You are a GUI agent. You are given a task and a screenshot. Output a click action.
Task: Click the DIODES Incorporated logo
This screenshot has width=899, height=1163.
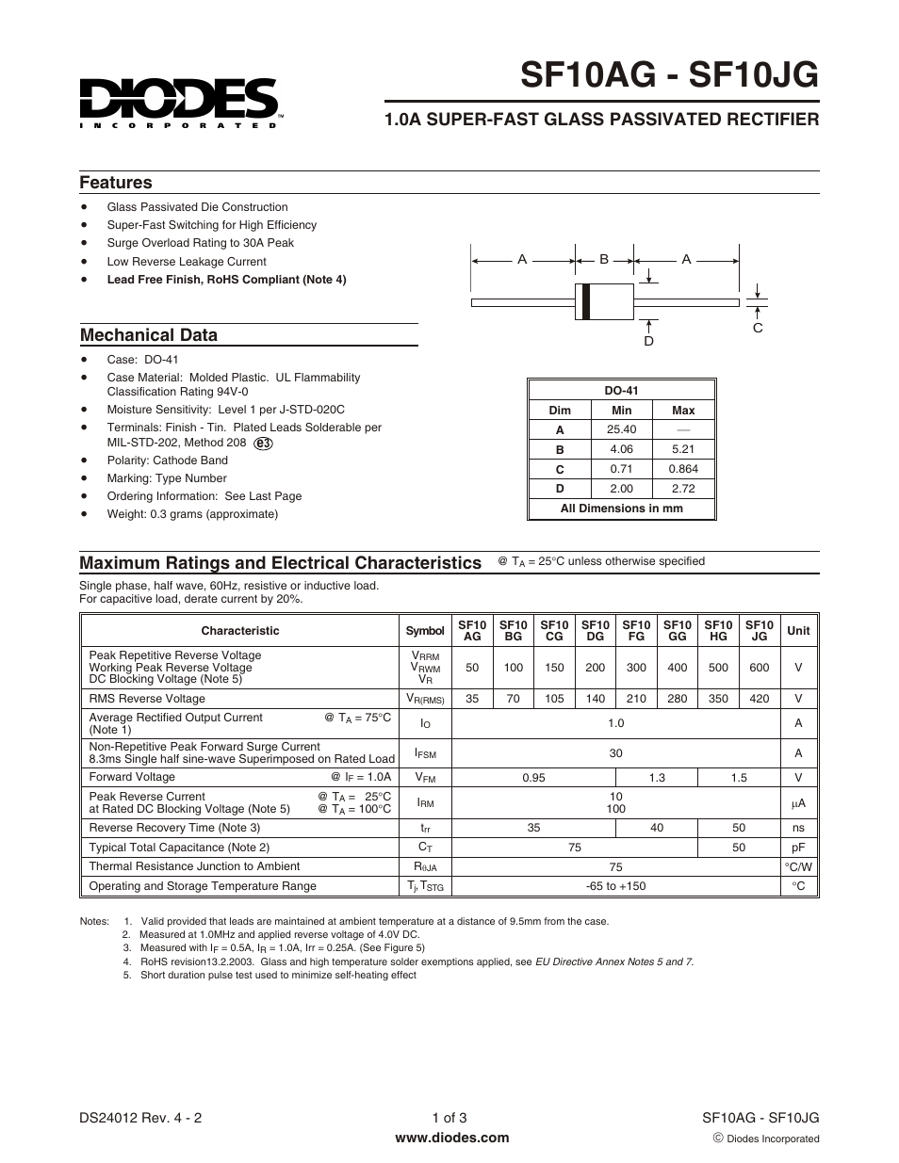(x=179, y=101)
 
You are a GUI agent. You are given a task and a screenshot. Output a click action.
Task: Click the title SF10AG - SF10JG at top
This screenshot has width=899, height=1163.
(x=669, y=73)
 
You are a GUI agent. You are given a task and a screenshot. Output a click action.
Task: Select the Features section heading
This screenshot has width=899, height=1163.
(x=116, y=183)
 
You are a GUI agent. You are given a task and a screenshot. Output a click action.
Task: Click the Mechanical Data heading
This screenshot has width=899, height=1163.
(x=149, y=335)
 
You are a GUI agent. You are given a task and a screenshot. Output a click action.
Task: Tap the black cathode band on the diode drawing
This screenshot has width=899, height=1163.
(x=586, y=301)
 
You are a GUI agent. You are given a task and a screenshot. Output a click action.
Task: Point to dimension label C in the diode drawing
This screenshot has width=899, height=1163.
(x=758, y=328)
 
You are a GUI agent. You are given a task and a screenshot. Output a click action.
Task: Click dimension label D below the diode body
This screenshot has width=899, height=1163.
(x=648, y=341)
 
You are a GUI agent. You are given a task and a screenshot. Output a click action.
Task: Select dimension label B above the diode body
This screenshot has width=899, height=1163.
(x=604, y=259)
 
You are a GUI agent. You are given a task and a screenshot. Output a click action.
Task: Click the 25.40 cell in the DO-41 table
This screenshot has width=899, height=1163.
(x=621, y=429)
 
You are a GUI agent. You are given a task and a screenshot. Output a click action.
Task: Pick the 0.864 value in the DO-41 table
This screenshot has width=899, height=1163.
(x=683, y=469)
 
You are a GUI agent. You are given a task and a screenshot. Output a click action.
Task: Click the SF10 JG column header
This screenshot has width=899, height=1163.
(x=759, y=631)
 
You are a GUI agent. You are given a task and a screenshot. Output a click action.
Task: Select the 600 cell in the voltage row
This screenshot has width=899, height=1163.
(x=759, y=668)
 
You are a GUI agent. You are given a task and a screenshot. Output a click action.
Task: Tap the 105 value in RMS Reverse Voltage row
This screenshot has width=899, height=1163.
(x=554, y=699)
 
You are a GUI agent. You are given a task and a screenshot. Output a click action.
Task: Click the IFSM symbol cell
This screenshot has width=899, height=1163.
(x=425, y=753)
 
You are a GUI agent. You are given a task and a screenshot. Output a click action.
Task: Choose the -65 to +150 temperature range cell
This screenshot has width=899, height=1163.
(x=615, y=886)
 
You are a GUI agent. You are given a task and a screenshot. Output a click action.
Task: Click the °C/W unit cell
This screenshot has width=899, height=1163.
(x=798, y=866)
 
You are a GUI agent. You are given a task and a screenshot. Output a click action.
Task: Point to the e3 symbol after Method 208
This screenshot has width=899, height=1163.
(x=264, y=443)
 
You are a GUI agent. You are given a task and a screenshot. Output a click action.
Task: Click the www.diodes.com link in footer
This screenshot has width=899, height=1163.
(x=451, y=1138)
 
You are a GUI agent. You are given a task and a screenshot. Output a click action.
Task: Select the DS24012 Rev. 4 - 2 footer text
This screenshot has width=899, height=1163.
(x=140, y=1119)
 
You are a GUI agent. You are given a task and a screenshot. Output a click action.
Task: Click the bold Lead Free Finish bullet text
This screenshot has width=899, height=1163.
(x=226, y=280)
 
